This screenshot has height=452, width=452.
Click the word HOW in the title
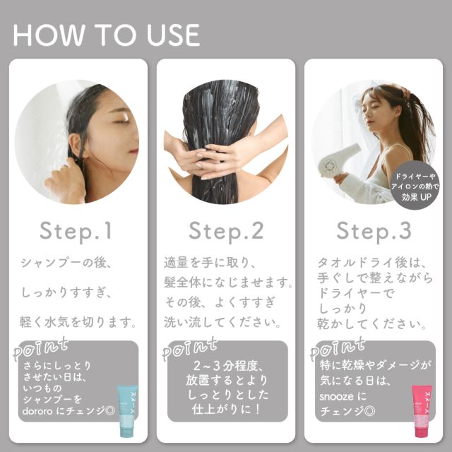click(48, 35)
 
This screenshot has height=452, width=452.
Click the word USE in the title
click(173, 35)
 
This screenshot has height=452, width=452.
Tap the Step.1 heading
click(76, 231)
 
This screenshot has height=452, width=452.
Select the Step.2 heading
click(226, 231)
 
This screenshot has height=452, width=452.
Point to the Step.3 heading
click(374, 231)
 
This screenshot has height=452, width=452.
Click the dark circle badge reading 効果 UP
click(415, 185)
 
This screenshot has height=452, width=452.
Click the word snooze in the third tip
click(336, 397)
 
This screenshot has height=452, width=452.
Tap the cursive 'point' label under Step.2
click(189, 348)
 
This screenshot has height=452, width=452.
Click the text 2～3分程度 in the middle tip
click(227, 366)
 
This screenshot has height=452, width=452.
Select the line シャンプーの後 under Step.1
click(66, 263)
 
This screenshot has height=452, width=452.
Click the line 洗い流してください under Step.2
click(222, 323)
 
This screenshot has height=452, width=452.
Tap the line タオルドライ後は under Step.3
click(371, 263)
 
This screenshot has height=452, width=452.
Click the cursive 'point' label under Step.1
click(40, 348)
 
